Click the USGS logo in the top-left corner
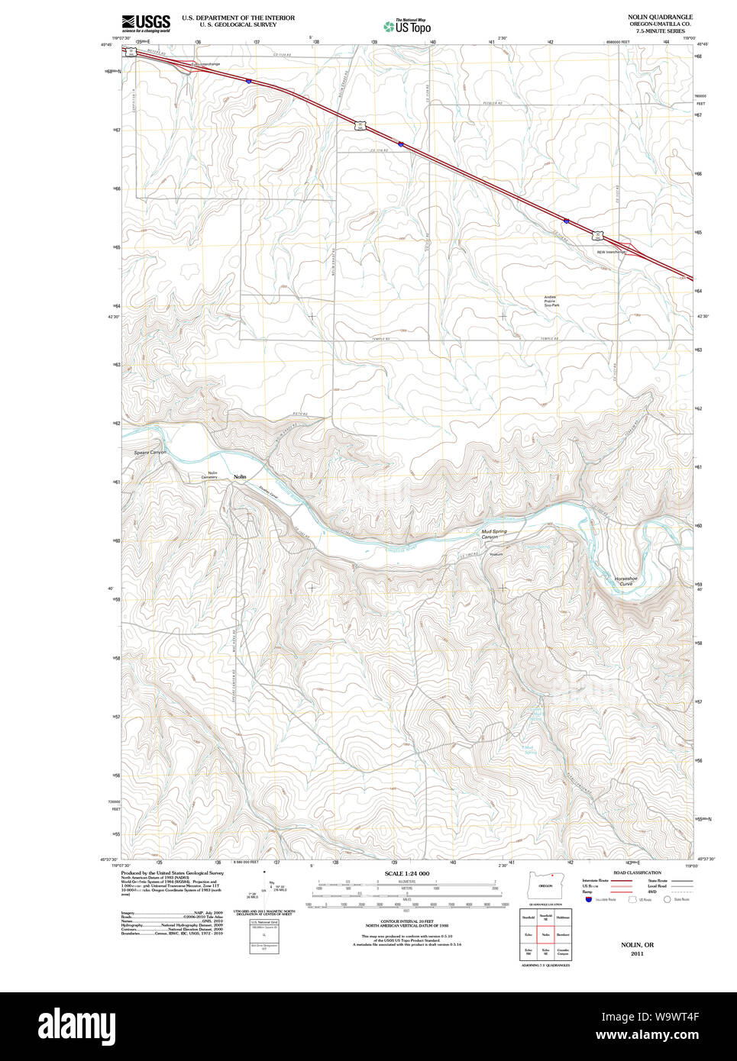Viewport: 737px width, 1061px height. point(145,23)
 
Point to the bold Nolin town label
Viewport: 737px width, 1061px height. point(240,477)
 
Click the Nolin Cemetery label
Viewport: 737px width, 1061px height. point(211,475)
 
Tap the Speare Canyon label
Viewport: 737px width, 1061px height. point(150,453)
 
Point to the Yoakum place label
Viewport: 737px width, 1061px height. point(496,554)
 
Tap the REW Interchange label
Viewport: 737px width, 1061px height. point(611,251)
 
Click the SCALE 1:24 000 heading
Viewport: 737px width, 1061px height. point(406,873)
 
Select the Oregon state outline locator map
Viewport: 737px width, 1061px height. point(545,885)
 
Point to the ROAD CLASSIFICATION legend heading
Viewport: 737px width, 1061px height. point(637,872)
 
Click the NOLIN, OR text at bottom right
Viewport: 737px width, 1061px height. point(637,944)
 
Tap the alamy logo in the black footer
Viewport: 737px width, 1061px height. point(76,1025)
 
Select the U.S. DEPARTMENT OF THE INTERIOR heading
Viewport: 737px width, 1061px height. point(238,18)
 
